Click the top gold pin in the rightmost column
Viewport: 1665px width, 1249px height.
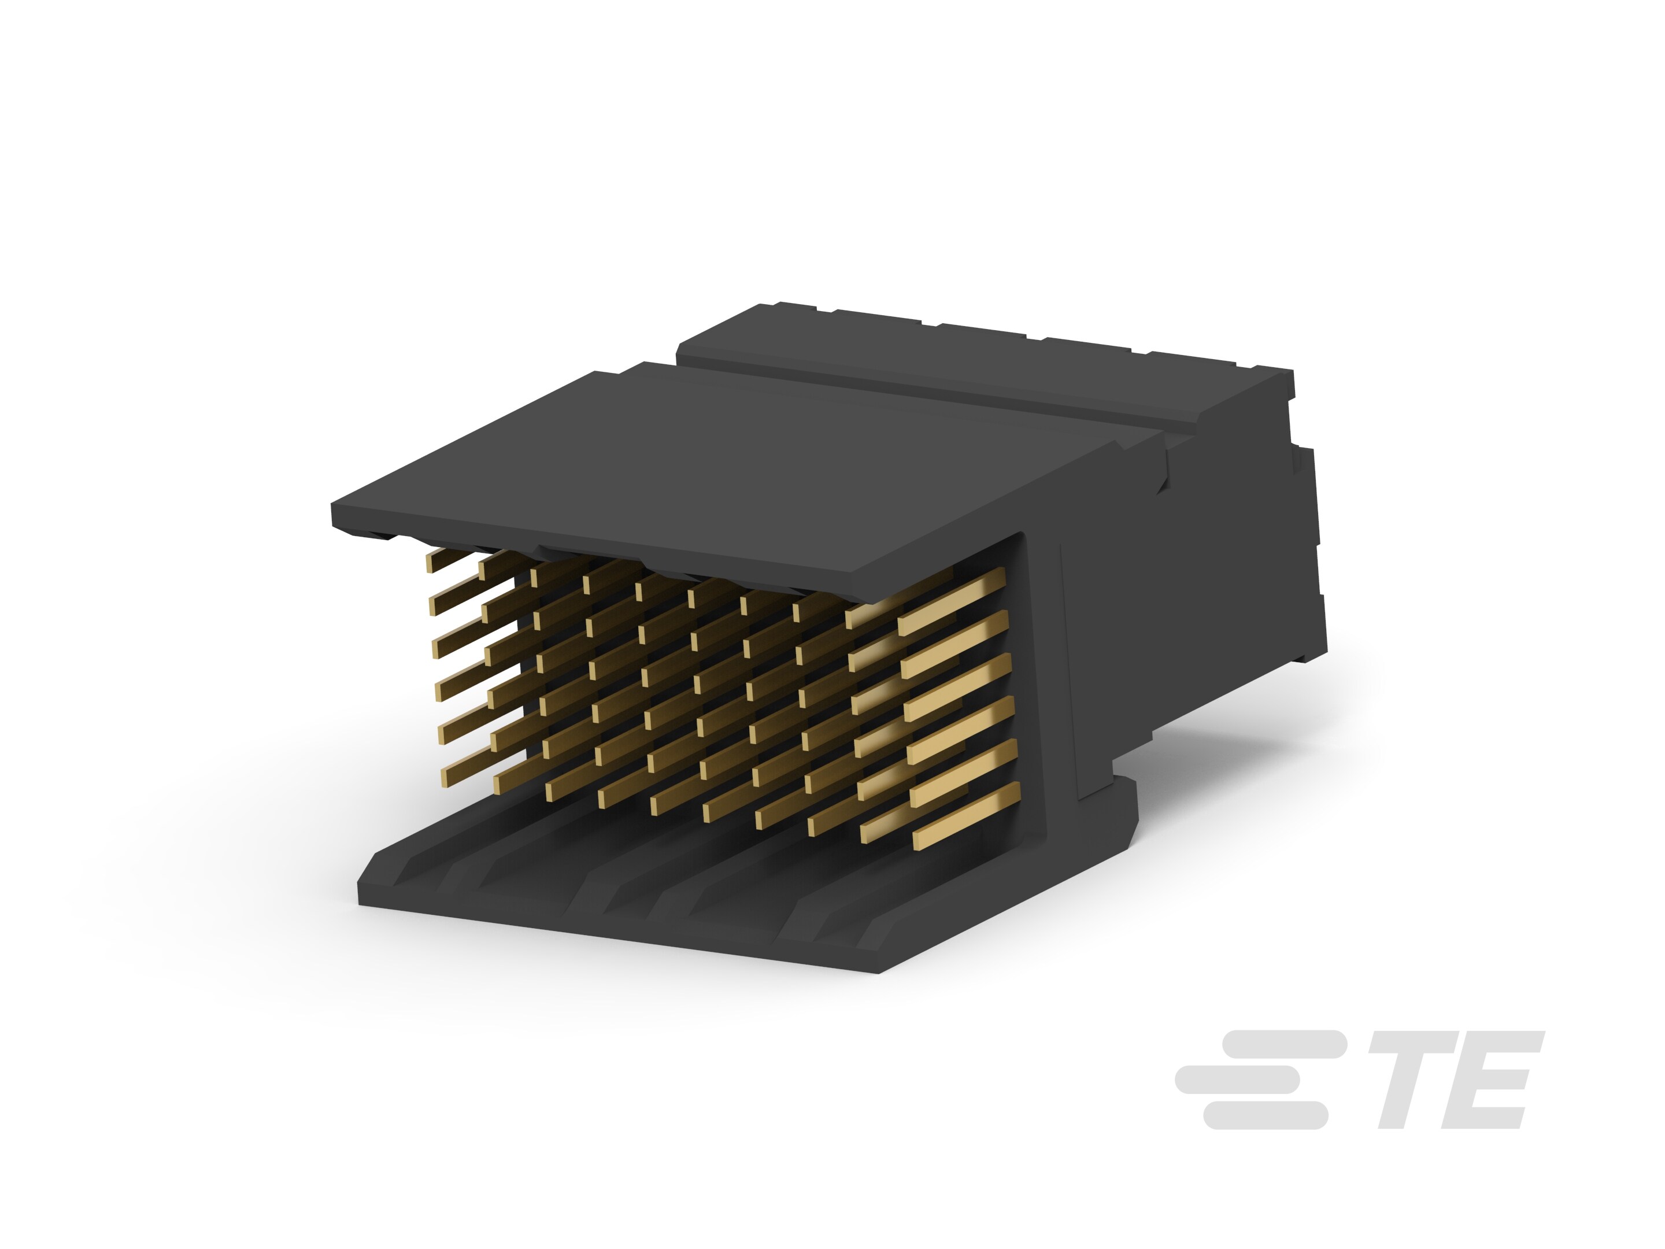[x=952, y=597]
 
